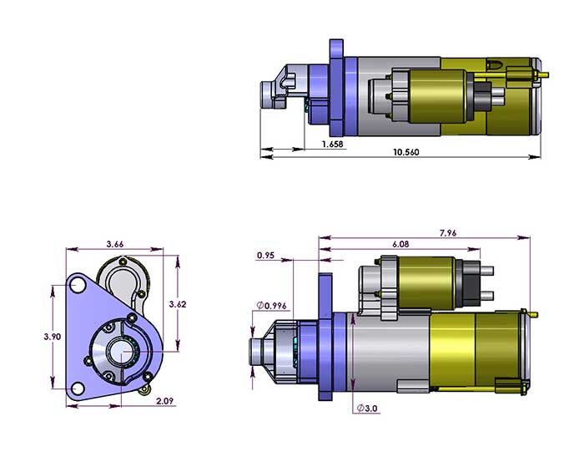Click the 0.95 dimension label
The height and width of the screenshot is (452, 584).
tap(266, 255)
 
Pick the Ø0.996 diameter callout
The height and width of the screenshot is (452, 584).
tap(272, 305)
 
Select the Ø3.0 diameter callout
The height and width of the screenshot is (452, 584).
tap(366, 408)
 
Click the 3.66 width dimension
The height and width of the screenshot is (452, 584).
tap(115, 243)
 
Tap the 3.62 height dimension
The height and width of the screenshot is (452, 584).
tap(176, 304)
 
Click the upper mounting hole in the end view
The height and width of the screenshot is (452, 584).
tap(78, 286)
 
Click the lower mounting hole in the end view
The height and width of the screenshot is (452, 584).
tap(78, 389)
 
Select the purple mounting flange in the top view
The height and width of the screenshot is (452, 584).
tap(337, 88)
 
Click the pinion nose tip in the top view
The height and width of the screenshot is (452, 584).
tap(269, 89)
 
